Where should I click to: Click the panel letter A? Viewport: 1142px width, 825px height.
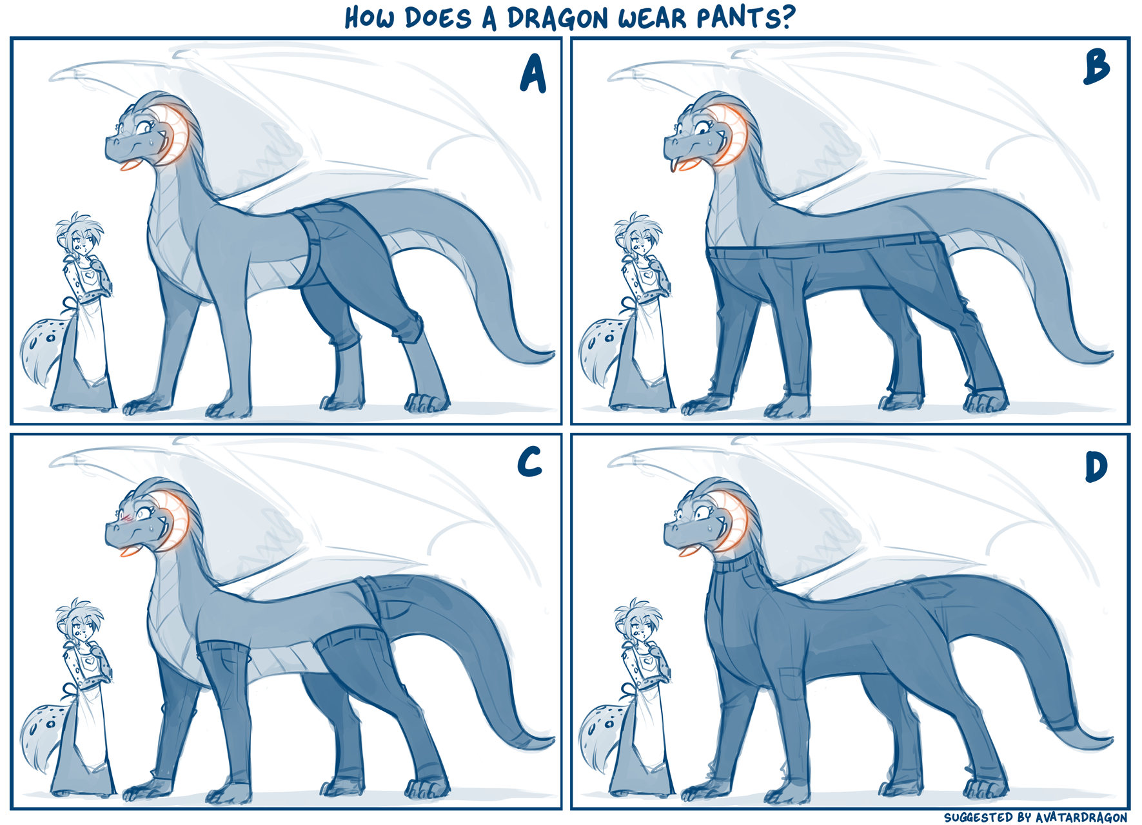tap(533, 73)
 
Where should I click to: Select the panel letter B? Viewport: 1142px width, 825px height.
tap(1097, 68)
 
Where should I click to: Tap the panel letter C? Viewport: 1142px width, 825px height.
tap(529, 462)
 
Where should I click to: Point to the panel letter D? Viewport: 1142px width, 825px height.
tap(1096, 467)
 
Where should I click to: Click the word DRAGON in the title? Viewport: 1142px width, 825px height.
tap(558, 18)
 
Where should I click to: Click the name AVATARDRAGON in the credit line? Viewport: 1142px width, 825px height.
tap(1081, 817)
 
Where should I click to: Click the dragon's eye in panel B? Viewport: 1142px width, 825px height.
tap(702, 128)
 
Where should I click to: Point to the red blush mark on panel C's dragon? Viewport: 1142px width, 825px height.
tap(126, 516)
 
